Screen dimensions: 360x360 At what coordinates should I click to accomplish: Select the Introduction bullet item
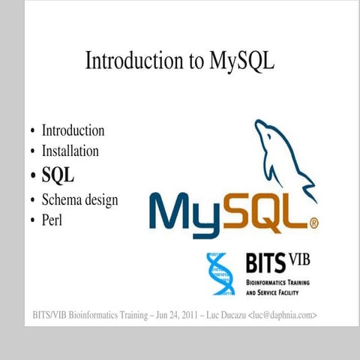tap(73, 130)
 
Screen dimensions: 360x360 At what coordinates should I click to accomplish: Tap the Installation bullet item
tap(70, 151)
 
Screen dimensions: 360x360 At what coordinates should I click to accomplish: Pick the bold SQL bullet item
tap(58, 175)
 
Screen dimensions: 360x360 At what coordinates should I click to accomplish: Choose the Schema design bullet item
tap(79, 200)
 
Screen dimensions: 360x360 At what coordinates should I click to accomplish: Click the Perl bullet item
tap(52, 220)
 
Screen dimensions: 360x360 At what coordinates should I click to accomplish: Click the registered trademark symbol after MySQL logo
tap(313, 223)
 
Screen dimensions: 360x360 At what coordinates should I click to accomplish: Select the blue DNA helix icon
tap(220, 273)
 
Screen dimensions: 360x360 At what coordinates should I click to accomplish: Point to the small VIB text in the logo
tap(298, 259)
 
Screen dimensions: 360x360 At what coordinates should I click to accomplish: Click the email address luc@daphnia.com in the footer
tap(283, 315)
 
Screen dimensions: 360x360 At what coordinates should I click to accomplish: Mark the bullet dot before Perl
tap(32, 221)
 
